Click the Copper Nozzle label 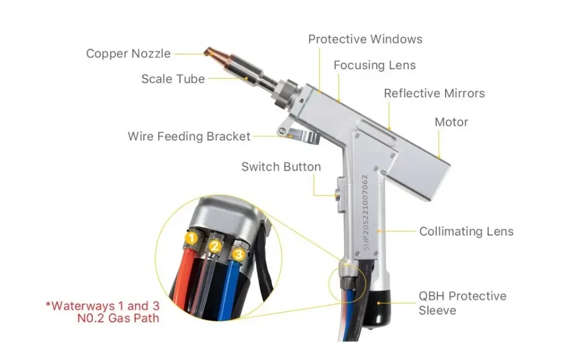(x=128, y=54)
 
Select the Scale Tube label (x=173, y=78)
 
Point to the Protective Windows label (x=365, y=40)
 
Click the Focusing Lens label (x=374, y=66)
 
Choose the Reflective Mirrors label (x=434, y=93)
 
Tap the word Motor (x=451, y=122)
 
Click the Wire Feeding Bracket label (x=189, y=136)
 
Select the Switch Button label (x=281, y=167)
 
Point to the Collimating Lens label (x=466, y=231)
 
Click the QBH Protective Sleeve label (x=462, y=303)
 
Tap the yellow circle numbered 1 (x=191, y=238)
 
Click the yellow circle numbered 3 (x=238, y=255)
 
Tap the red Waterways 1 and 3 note (x=103, y=312)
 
